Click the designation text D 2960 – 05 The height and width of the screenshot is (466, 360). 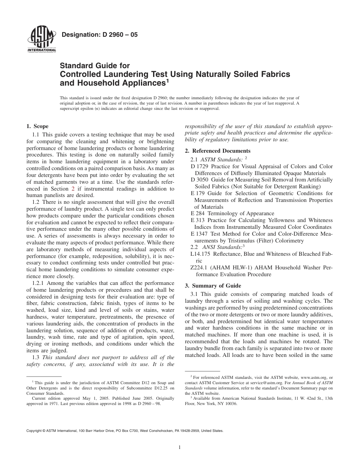(x=99, y=35)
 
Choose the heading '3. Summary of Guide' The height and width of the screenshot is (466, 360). (x=213, y=286)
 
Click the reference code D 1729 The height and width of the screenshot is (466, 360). (x=200, y=166)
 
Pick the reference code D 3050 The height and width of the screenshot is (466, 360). (x=200, y=180)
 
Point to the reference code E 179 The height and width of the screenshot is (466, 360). (x=198, y=193)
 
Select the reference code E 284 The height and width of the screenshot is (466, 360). (x=198, y=213)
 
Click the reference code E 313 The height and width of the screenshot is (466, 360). (x=198, y=220)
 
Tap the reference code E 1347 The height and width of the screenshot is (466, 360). (x=200, y=234)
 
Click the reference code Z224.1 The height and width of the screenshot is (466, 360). (x=200, y=267)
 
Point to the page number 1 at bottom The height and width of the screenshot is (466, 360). (x=180, y=447)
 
